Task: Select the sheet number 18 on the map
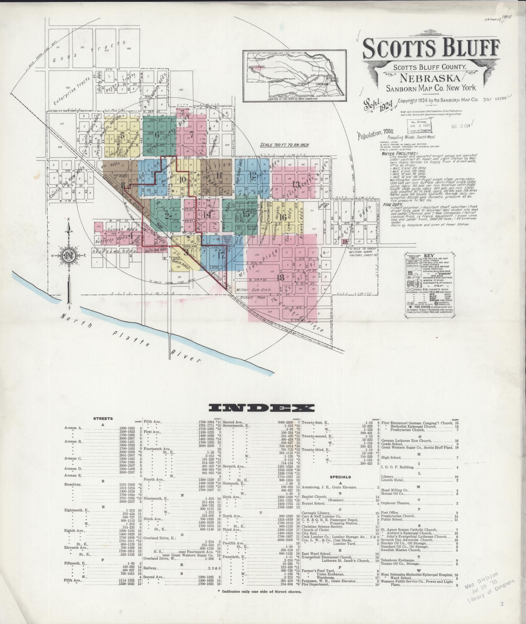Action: tap(280, 278)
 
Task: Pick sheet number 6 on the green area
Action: tap(157, 134)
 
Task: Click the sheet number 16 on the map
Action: tap(283, 217)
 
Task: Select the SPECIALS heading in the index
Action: tap(340, 477)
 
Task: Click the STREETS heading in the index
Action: tap(103, 419)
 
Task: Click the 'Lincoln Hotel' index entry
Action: tap(393, 479)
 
